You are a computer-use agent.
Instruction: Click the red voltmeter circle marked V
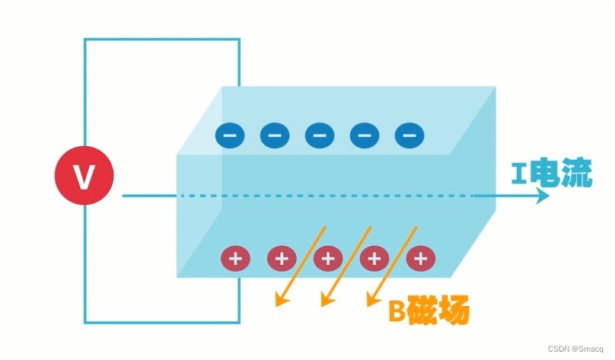tap(84, 177)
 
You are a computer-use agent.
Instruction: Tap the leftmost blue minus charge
tap(230, 135)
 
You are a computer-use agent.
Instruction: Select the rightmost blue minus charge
tap(409, 135)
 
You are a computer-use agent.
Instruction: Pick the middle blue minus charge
tap(320, 135)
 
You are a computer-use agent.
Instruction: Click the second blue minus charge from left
tap(275, 135)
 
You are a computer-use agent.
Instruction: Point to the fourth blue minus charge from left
tap(365, 135)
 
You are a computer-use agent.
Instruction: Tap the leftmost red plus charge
tap(235, 259)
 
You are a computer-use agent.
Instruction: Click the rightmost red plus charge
tap(419, 259)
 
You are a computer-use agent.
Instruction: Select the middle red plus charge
tap(327, 259)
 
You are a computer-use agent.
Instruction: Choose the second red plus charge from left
tap(282, 259)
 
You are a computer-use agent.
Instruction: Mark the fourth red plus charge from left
tap(374, 259)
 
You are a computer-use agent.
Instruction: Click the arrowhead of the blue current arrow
tap(543, 196)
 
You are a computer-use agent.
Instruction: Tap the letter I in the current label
tap(518, 177)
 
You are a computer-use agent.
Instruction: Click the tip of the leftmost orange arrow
tap(277, 305)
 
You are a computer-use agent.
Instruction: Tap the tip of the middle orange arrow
tap(323, 305)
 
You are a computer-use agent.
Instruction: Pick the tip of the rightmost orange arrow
tap(369, 305)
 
